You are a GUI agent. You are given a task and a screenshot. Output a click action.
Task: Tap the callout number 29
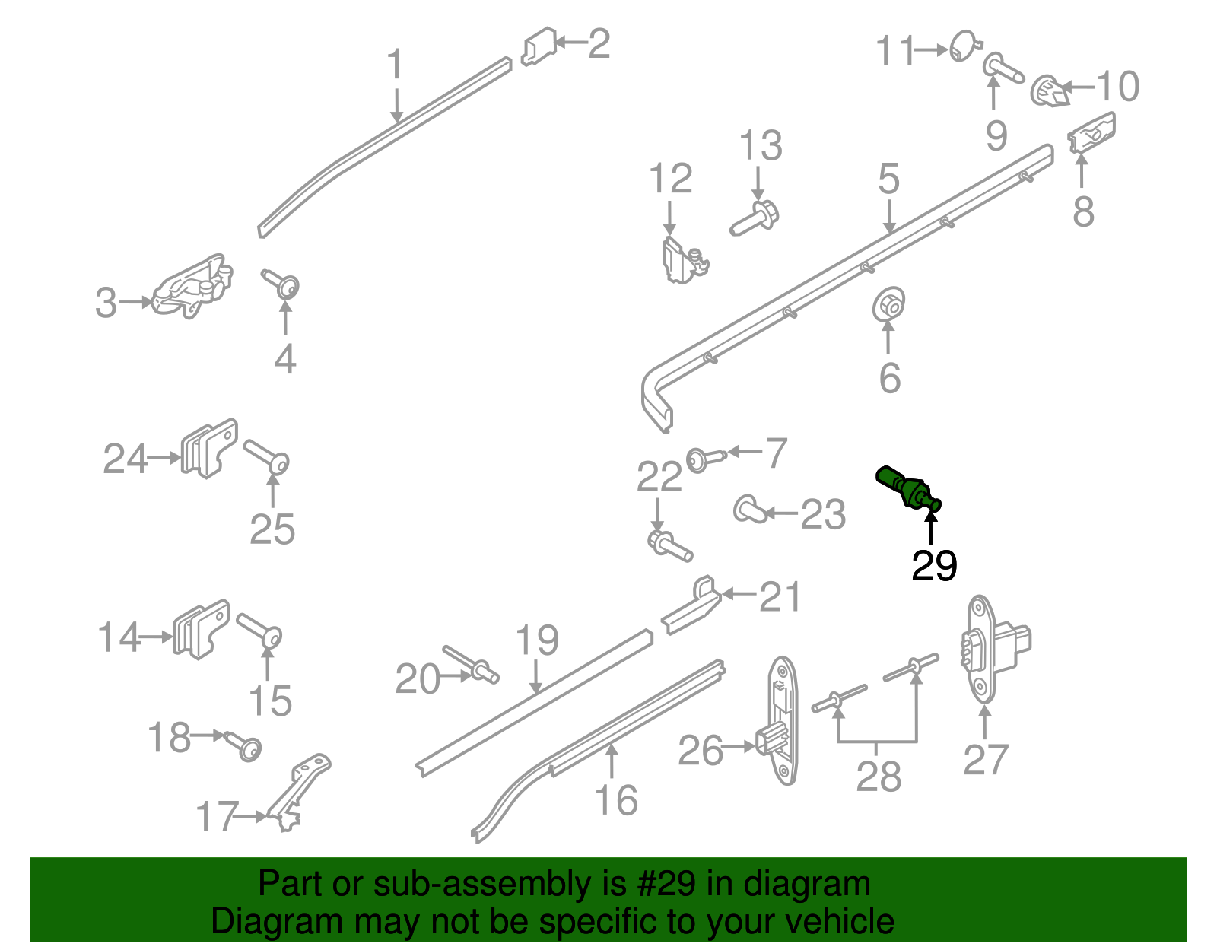(x=934, y=566)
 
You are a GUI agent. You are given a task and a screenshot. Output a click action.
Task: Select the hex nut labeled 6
(x=888, y=304)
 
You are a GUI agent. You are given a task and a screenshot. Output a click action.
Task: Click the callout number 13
(x=761, y=145)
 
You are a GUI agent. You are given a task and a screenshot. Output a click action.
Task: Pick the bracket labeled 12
(x=679, y=259)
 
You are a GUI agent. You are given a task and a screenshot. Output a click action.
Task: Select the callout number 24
(x=125, y=459)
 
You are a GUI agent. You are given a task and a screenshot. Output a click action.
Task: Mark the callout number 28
(x=879, y=777)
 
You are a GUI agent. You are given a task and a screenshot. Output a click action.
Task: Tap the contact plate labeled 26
(x=780, y=721)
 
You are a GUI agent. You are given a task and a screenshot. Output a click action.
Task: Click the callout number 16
(x=615, y=800)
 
